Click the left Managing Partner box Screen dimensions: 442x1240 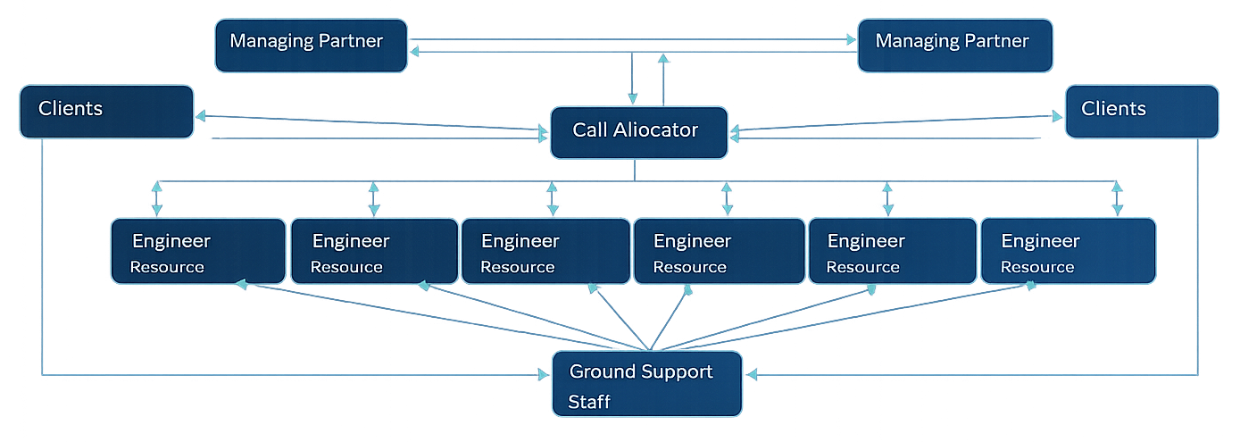(x=311, y=46)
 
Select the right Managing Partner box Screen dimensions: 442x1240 (x=954, y=46)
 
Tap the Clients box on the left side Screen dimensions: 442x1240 (x=106, y=112)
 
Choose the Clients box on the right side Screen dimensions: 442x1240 (x=1141, y=112)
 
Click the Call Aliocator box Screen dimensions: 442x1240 (x=638, y=133)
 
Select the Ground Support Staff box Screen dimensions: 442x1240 (x=646, y=384)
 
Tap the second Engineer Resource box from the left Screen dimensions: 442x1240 (x=374, y=251)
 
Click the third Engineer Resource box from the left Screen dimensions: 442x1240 (x=545, y=251)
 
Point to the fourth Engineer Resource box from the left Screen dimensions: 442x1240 (x=718, y=251)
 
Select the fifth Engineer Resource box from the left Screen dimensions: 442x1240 (x=891, y=251)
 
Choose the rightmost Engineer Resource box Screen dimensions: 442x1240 (x=1068, y=251)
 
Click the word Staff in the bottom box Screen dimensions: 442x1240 (x=589, y=402)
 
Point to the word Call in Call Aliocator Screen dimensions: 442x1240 (x=590, y=130)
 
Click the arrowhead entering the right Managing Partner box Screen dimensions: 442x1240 (x=849, y=39)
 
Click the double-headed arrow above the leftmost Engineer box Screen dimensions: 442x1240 (x=157, y=198)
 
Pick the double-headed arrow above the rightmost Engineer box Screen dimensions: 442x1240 (x=1117, y=198)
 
